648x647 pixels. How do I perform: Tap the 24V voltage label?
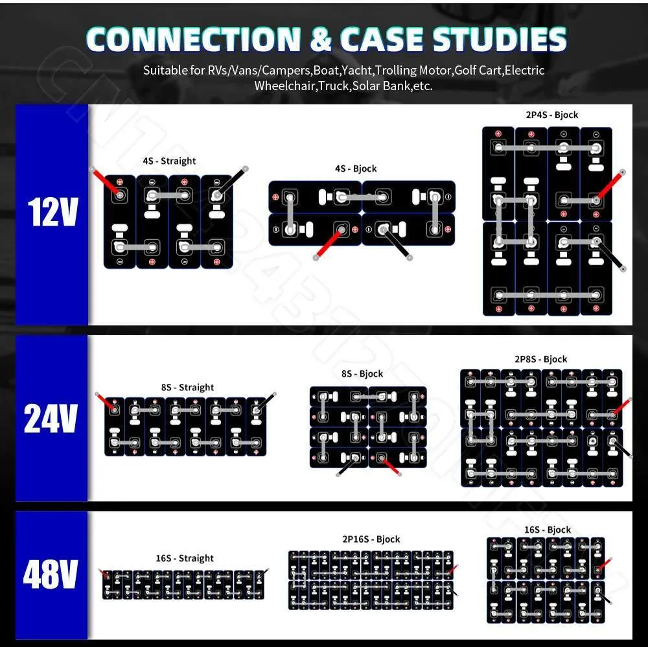pos(51,419)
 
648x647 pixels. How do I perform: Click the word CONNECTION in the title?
pos(192,40)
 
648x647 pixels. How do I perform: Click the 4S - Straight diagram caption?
pos(169,161)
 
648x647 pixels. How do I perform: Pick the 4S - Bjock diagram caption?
pos(356,169)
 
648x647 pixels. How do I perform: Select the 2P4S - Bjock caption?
pos(551,115)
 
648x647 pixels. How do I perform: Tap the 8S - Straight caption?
pos(187,387)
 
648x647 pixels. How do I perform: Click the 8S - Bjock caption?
pos(362,374)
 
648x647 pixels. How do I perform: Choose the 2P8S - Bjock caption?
pos(540,359)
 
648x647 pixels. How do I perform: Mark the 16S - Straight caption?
pos(184,558)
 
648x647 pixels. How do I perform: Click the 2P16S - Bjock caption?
pos(371,539)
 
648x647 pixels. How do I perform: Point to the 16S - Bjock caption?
pos(548,530)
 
